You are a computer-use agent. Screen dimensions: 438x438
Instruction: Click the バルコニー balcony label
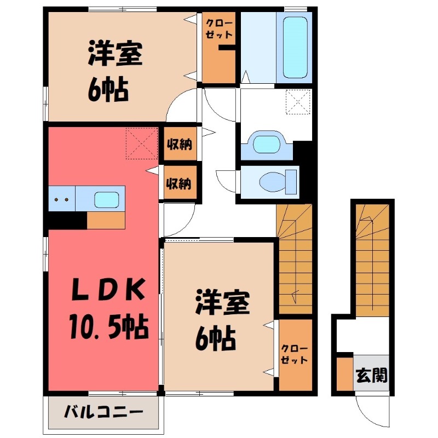[103, 411]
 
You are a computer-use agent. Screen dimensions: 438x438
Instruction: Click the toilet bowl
[274, 180]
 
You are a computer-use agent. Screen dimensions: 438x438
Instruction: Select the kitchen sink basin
[107, 199]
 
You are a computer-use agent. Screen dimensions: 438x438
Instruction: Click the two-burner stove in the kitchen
[61, 199]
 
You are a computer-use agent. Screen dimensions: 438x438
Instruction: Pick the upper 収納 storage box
[179, 145]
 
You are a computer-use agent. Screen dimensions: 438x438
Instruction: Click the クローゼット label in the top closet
[219, 28]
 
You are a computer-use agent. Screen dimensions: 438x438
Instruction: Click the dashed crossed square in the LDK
[142, 144]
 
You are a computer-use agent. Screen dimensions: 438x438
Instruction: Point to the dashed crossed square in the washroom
[298, 101]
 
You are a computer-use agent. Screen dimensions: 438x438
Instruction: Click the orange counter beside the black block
[106, 220]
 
